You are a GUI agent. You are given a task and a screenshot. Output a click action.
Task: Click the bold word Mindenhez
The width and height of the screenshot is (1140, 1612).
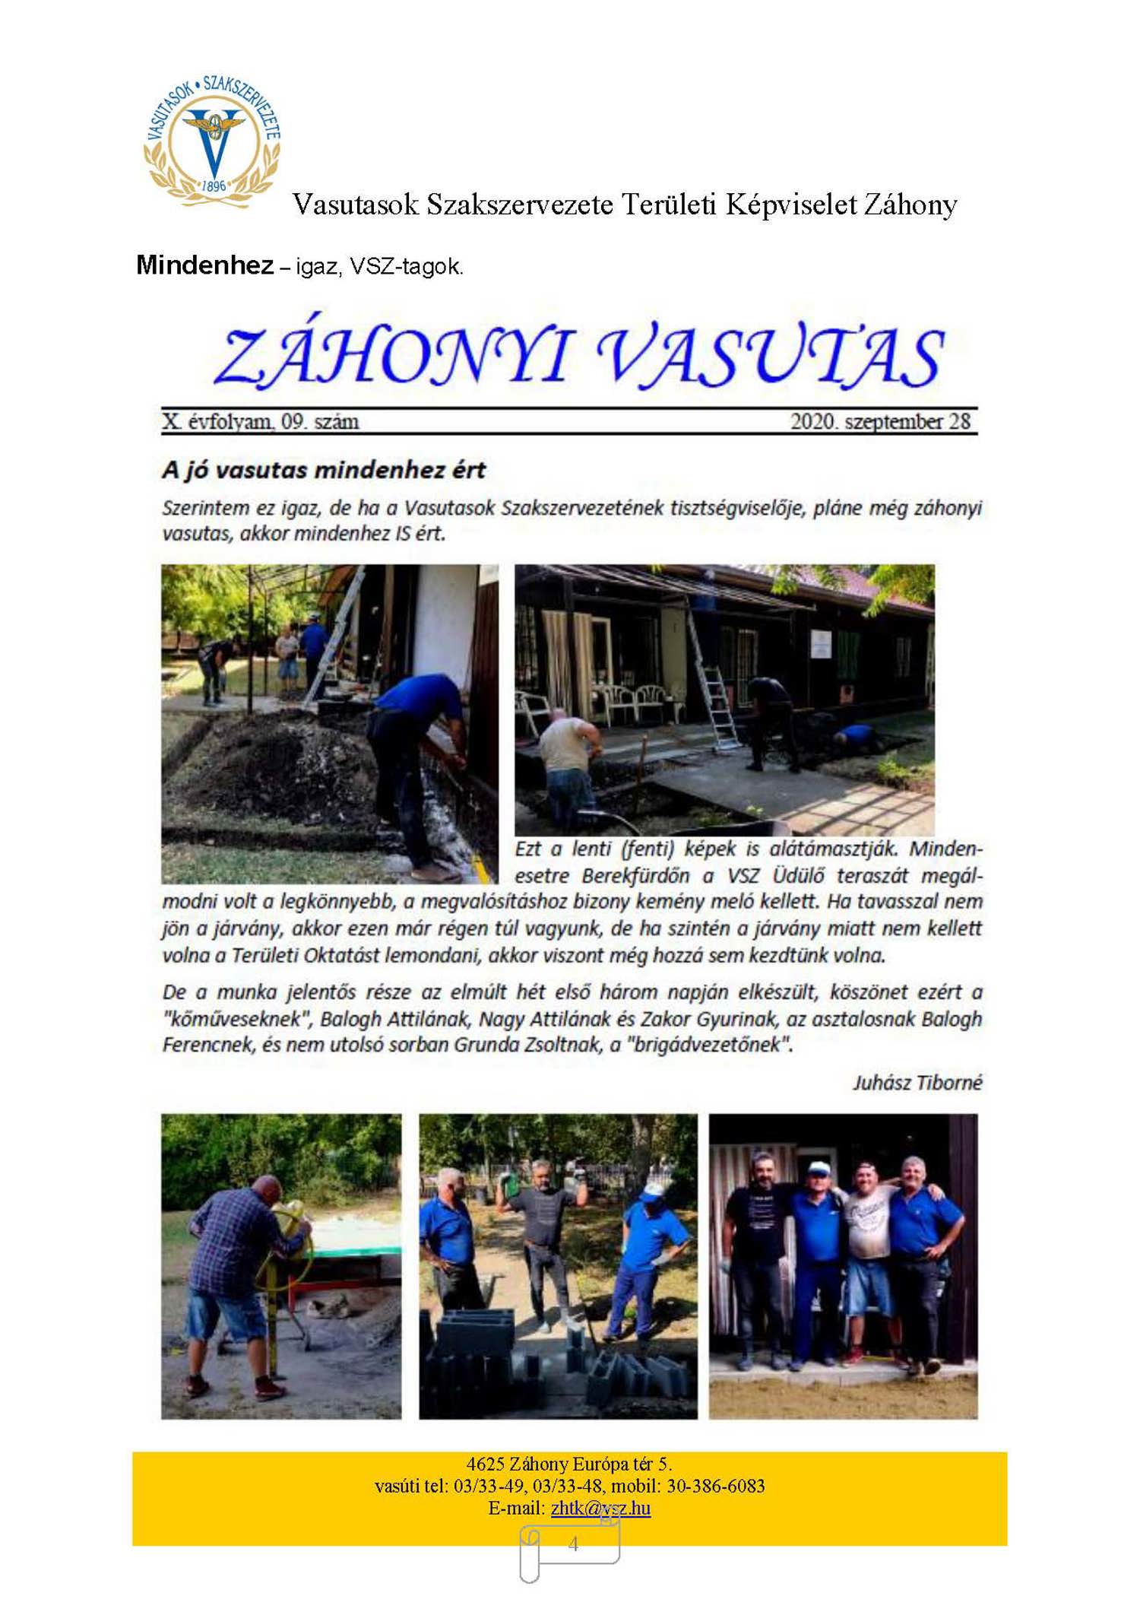(204, 265)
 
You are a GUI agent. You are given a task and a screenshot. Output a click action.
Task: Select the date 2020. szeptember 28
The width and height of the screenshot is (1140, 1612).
(880, 421)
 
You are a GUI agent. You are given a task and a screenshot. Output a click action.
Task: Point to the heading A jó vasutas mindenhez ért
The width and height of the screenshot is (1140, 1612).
(324, 470)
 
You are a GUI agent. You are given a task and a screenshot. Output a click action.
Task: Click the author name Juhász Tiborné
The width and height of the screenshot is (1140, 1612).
(917, 1082)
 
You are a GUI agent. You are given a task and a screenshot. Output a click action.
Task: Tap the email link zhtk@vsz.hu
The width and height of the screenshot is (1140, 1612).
(600, 1508)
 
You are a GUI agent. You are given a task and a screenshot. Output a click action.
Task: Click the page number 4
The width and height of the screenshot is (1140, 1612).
(573, 1543)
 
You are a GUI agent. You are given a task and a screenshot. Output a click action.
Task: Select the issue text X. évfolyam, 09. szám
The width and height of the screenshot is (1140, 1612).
(260, 421)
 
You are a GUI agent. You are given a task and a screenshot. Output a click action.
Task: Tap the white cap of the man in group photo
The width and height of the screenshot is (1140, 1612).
(818, 1167)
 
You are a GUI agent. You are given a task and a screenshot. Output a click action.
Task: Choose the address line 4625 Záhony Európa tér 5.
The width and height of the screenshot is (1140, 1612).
(569, 1464)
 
